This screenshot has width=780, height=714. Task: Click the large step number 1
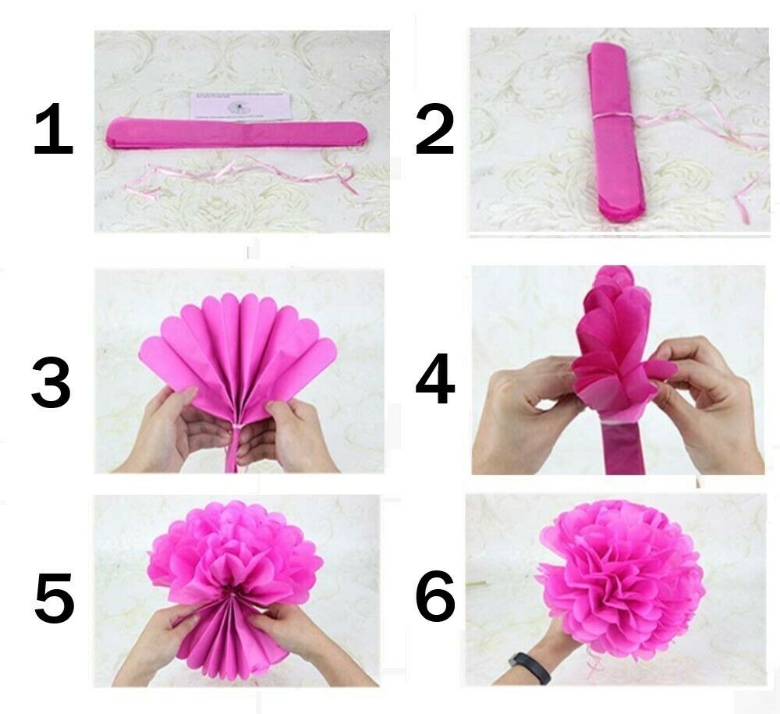(53, 132)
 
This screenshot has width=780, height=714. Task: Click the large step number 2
(434, 132)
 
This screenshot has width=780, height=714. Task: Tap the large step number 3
(51, 384)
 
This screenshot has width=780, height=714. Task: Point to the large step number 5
(53, 601)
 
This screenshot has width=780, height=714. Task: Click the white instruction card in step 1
(241, 107)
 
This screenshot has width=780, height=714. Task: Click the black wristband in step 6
(530, 667)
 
